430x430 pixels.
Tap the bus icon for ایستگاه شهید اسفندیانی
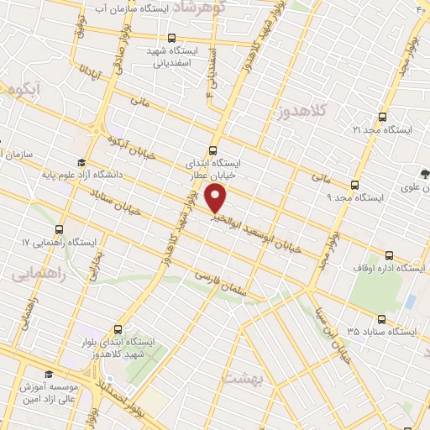[171, 38]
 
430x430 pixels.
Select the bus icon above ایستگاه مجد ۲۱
[383, 117]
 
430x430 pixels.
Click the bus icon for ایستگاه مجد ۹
[354, 184]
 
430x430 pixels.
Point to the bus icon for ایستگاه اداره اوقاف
[388, 254]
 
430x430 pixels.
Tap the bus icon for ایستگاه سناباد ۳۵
[382, 319]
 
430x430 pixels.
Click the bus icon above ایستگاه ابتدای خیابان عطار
[212, 151]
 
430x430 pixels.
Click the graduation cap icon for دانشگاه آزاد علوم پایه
[81, 163]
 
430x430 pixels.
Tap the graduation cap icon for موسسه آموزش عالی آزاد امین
[49, 373]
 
